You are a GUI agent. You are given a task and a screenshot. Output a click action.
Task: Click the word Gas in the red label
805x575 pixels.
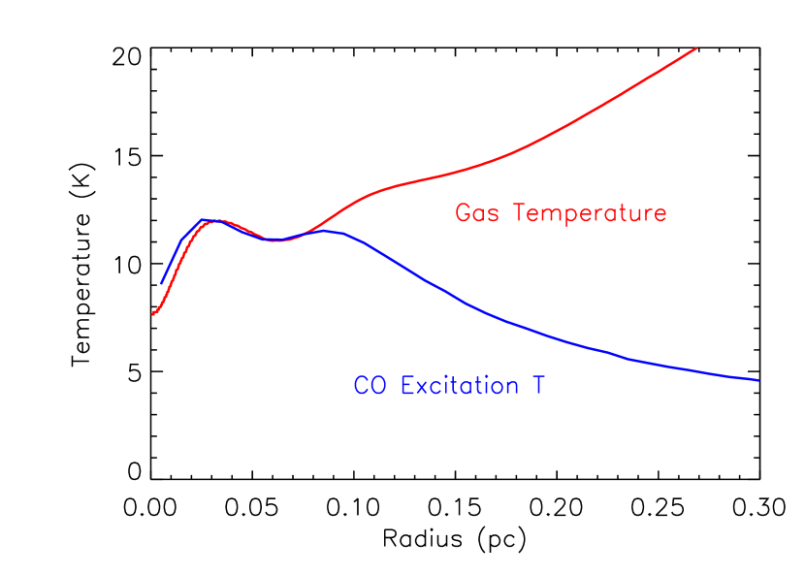(x=477, y=213)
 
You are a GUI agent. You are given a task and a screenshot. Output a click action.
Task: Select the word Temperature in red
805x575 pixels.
(x=590, y=213)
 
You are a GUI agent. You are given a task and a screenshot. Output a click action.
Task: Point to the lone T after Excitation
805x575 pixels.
(x=537, y=386)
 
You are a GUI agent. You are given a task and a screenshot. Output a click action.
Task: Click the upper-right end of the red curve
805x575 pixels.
(x=696, y=48)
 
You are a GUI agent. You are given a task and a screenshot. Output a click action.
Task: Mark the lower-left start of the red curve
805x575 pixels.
(x=152, y=314)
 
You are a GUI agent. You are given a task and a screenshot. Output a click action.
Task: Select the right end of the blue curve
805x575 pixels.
(x=758, y=380)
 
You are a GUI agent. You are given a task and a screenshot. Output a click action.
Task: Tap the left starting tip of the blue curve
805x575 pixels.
(x=161, y=284)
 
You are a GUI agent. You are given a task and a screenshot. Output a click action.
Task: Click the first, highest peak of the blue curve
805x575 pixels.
(x=206, y=220)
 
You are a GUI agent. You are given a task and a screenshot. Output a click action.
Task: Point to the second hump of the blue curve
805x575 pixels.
(x=327, y=231)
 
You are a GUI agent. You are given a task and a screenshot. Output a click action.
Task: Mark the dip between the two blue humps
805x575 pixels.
(x=276, y=240)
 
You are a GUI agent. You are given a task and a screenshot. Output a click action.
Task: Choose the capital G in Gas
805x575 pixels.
(x=463, y=213)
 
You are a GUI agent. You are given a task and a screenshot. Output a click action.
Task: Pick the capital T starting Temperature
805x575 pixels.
(x=521, y=212)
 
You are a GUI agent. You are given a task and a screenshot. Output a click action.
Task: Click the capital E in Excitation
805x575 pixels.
(x=407, y=386)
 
